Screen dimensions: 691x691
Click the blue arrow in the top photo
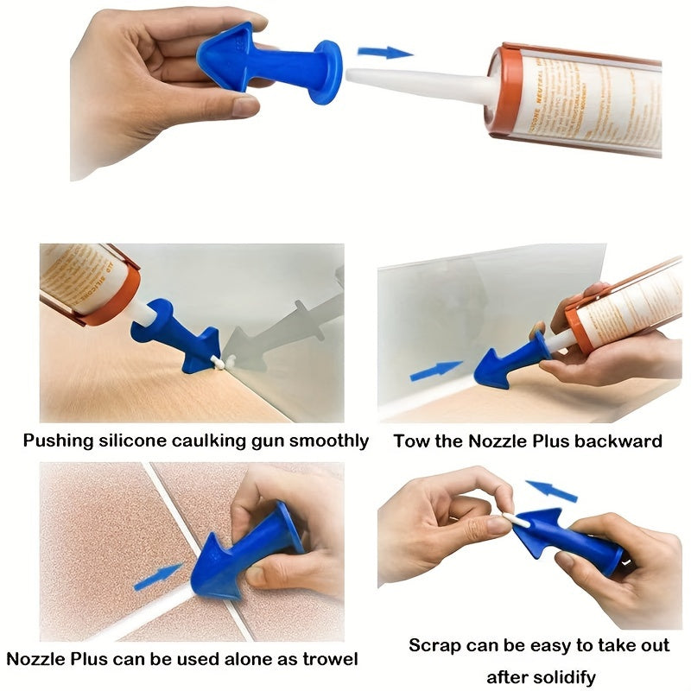[385, 53]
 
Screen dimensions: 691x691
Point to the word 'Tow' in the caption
[409, 441]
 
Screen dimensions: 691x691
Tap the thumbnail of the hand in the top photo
[245, 106]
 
